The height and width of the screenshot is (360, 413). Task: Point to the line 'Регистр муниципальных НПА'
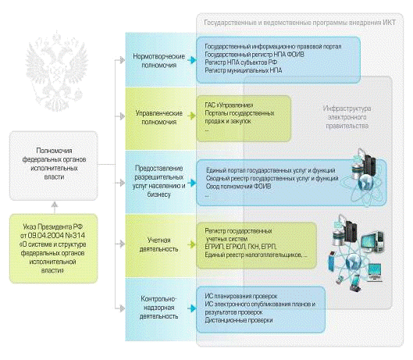point(244,70)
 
